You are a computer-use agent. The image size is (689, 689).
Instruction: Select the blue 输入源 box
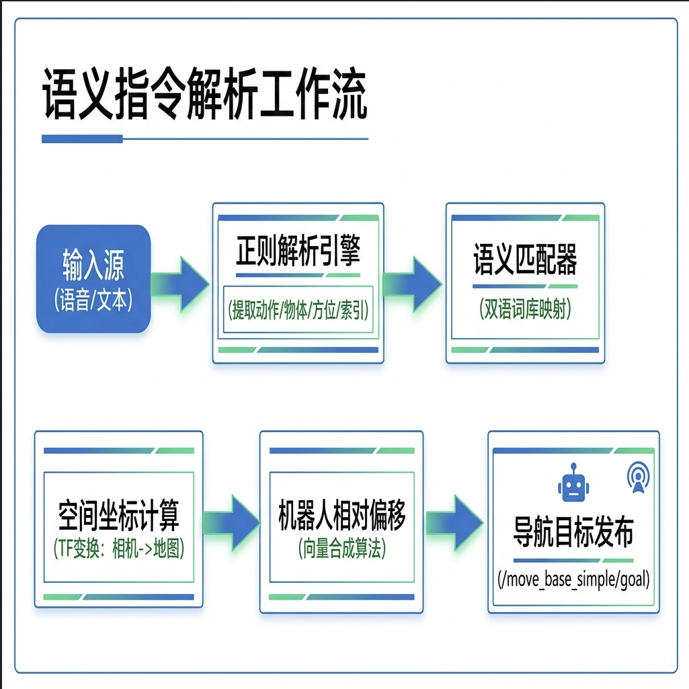pyautogui.click(x=93, y=278)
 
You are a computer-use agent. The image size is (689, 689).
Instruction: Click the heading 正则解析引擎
pyautogui.click(x=298, y=253)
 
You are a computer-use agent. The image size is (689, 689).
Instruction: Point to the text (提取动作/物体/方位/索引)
pyautogui.click(x=298, y=311)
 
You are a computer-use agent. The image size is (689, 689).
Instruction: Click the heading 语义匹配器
pyautogui.click(x=525, y=260)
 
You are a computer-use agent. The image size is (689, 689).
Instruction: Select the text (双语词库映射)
pyautogui.click(x=525, y=310)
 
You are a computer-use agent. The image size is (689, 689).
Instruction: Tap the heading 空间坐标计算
pyautogui.click(x=118, y=516)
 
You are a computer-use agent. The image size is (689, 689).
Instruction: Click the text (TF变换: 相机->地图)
pyautogui.click(x=118, y=550)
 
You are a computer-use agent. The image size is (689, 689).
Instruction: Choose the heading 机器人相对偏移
pyautogui.click(x=341, y=516)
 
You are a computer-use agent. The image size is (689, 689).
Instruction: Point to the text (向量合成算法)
pyautogui.click(x=341, y=549)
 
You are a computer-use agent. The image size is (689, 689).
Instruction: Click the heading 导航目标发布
pyautogui.click(x=573, y=534)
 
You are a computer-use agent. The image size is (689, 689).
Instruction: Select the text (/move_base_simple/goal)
pyautogui.click(x=573, y=579)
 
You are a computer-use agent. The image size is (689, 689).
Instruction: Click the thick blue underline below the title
pyautogui.click(x=82, y=139)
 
